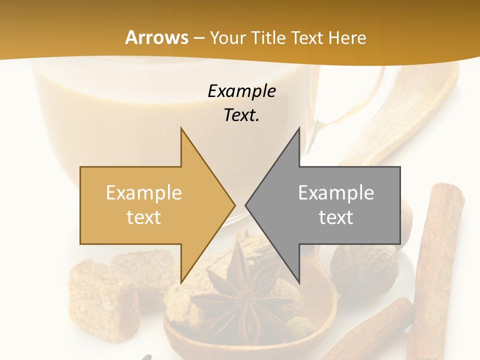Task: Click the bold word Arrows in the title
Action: click(157, 37)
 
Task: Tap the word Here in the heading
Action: click(348, 37)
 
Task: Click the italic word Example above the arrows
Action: click(241, 91)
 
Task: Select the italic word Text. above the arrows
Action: click(241, 115)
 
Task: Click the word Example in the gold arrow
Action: click(144, 193)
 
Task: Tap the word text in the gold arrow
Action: click(144, 217)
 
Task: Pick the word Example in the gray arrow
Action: click(336, 193)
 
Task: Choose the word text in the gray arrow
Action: click(336, 217)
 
